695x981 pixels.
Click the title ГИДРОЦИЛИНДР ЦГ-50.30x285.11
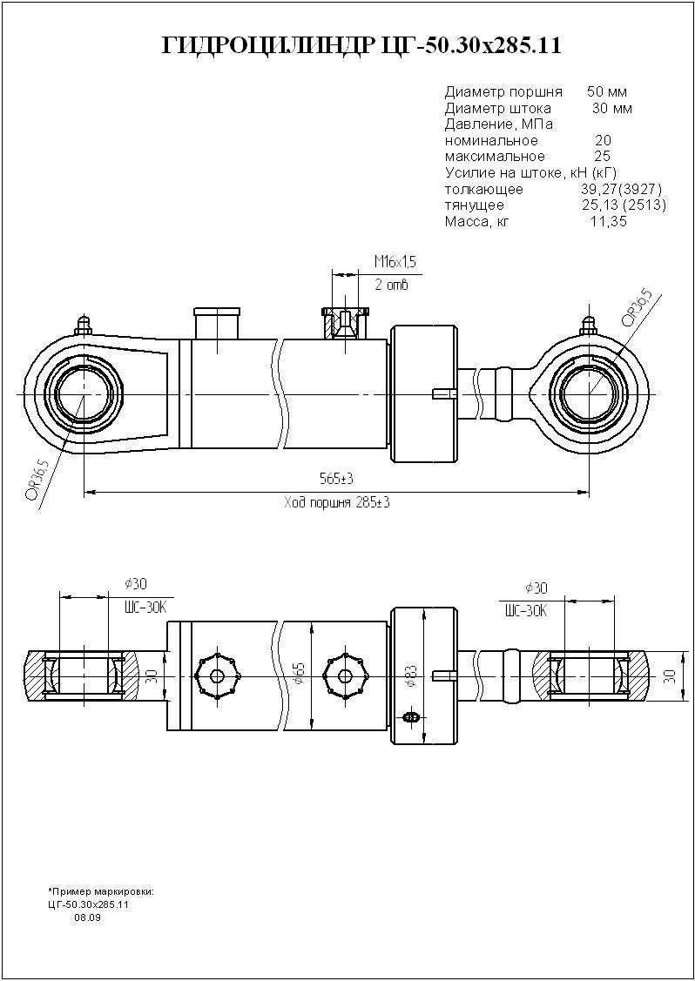[361, 46]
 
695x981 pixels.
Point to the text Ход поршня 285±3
[336, 503]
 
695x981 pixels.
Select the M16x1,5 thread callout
[395, 262]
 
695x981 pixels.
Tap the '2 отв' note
[391, 285]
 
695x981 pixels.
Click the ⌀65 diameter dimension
[299, 673]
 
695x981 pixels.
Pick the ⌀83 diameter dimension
[410, 676]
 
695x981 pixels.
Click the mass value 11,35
[608, 222]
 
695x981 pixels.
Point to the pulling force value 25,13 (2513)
[624, 205]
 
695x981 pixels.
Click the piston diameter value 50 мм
[607, 91]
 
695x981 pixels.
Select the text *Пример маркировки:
[102, 892]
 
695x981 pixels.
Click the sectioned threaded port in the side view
[347, 323]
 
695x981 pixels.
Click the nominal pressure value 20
[603, 141]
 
